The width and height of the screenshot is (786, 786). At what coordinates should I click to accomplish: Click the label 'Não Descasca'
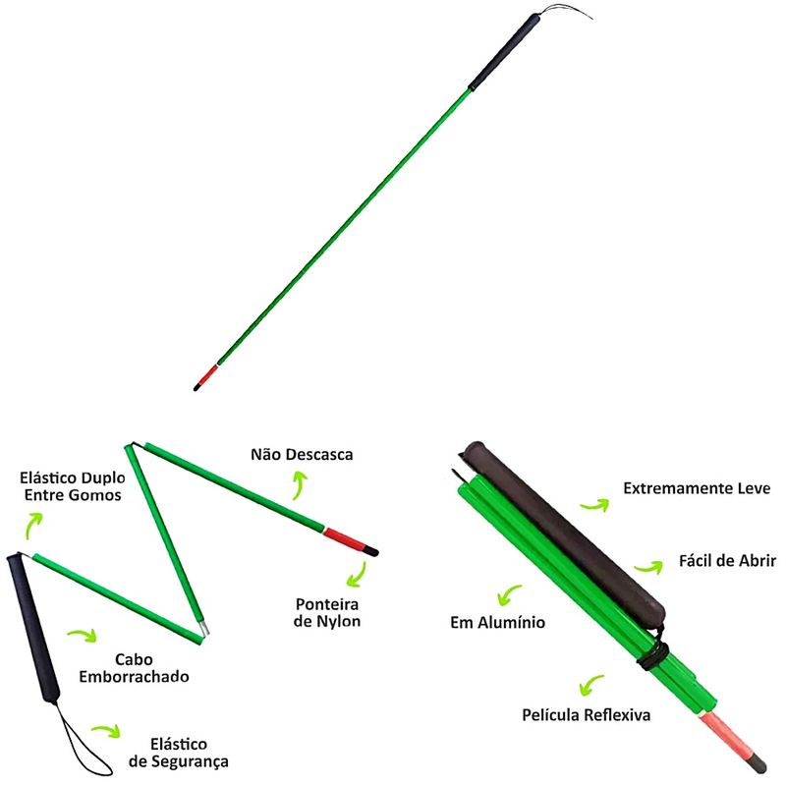(x=302, y=455)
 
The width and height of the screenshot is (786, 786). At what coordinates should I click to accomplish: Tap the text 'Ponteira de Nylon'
(x=327, y=612)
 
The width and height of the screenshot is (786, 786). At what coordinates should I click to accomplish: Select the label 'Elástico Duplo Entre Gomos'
(x=71, y=486)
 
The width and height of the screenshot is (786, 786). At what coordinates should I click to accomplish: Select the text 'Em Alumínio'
(x=497, y=622)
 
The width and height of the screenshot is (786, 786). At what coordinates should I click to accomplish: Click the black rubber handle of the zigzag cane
(x=29, y=628)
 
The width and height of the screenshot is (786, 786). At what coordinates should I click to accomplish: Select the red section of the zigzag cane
(x=345, y=537)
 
